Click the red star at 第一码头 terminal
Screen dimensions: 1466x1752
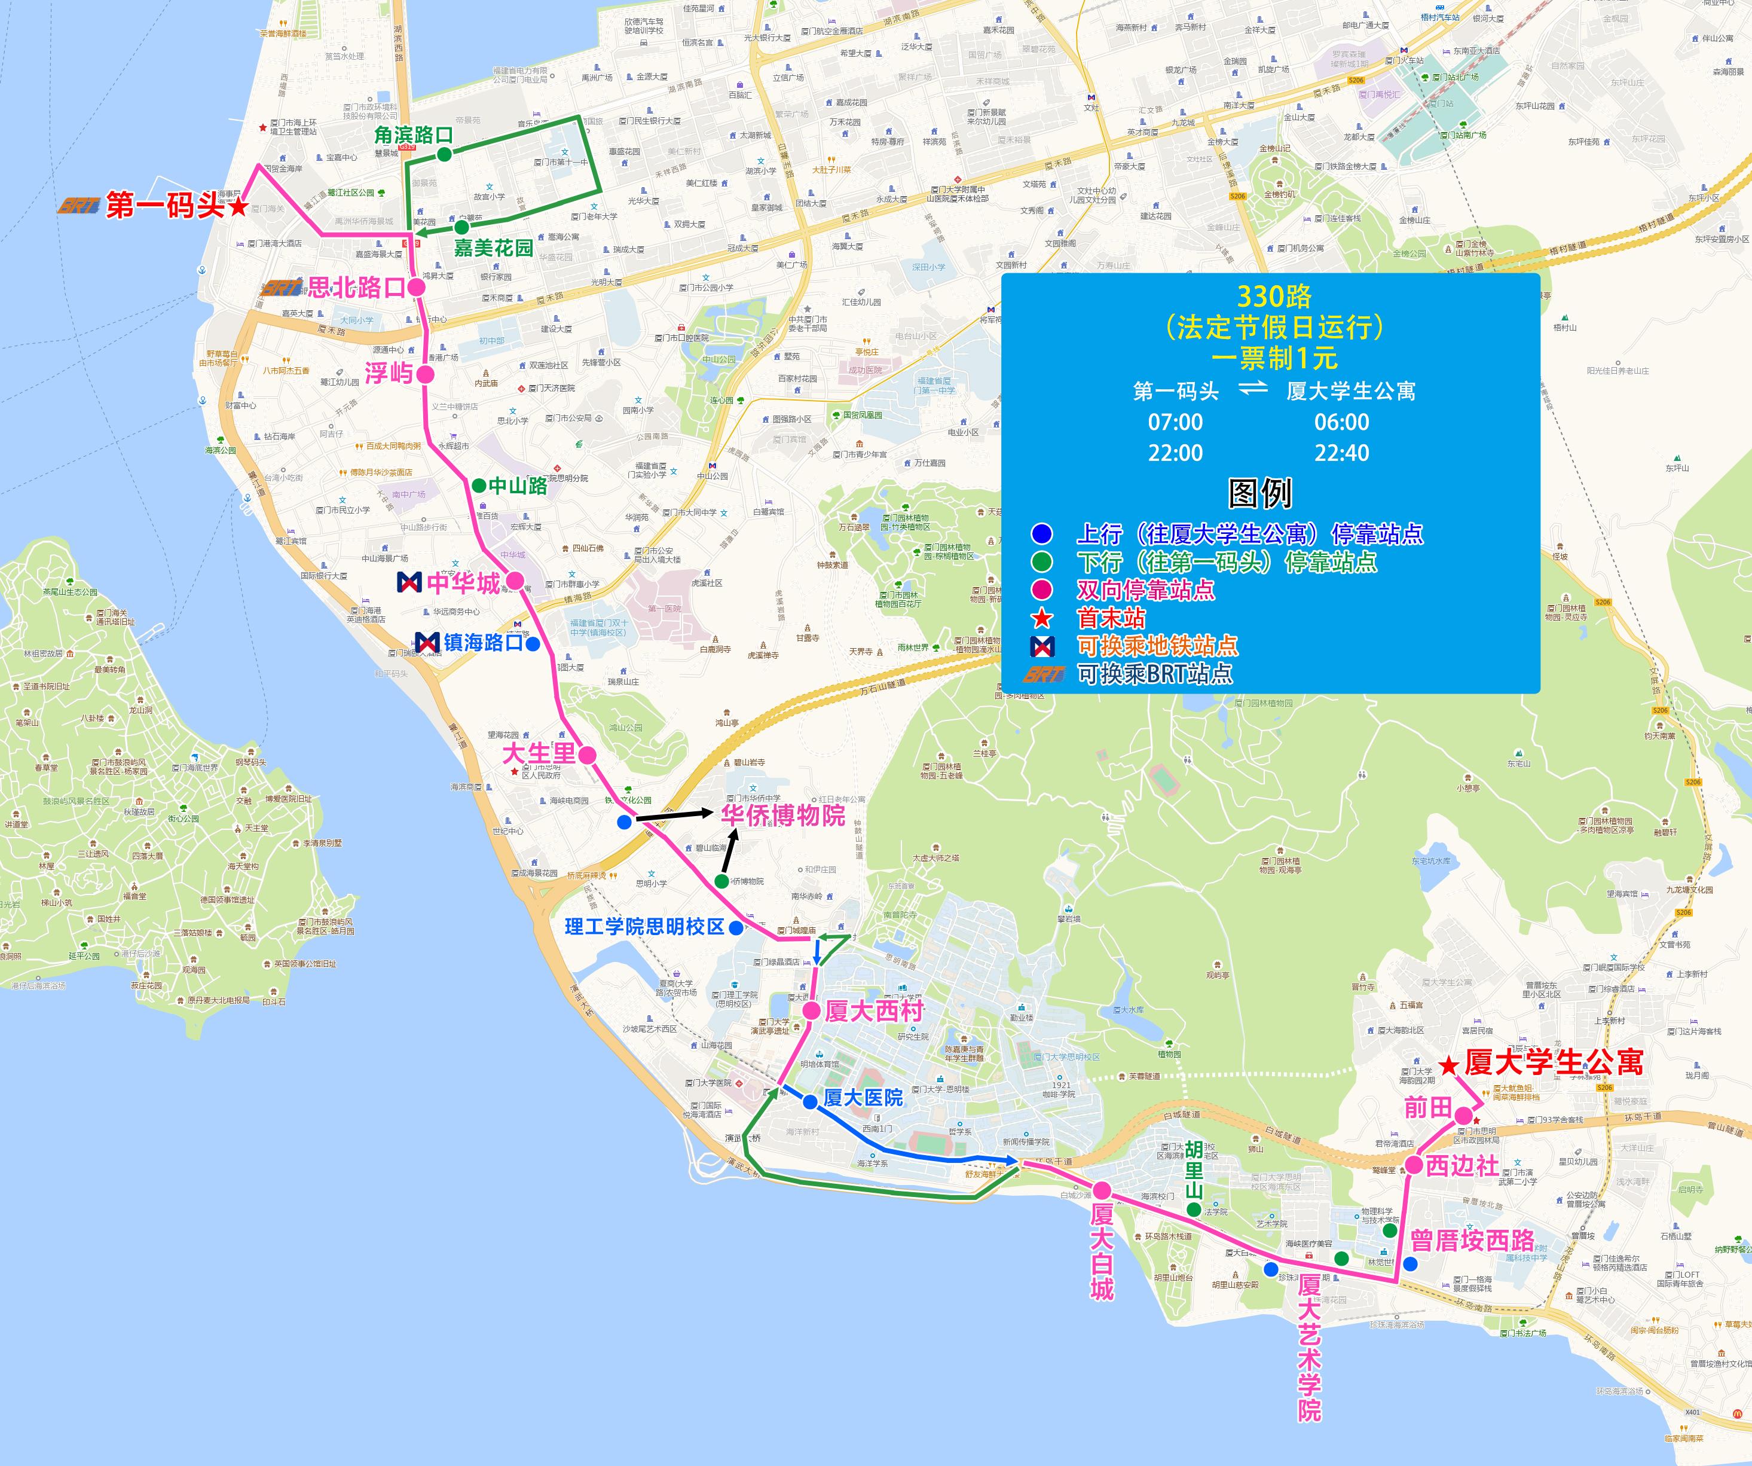tap(239, 205)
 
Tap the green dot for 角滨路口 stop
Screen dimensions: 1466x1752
tap(445, 154)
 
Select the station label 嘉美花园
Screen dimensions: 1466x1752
tap(493, 248)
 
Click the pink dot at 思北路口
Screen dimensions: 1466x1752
tap(416, 287)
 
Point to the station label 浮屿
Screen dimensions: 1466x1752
tap(389, 373)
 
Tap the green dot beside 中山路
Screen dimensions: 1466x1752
tap(479, 485)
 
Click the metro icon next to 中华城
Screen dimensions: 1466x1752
tap(409, 582)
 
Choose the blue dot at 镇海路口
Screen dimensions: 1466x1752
tap(533, 643)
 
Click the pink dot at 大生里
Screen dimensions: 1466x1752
tap(588, 755)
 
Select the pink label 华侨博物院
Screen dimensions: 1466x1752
tap(782, 815)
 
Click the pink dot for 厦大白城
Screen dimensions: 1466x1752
tap(1102, 1190)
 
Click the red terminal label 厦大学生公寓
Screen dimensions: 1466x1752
tap(1554, 1063)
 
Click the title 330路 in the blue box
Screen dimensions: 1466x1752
tap(1274, 296)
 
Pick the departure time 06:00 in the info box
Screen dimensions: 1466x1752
tap(1341, 422)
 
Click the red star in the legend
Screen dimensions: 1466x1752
tap(1042, 618)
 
